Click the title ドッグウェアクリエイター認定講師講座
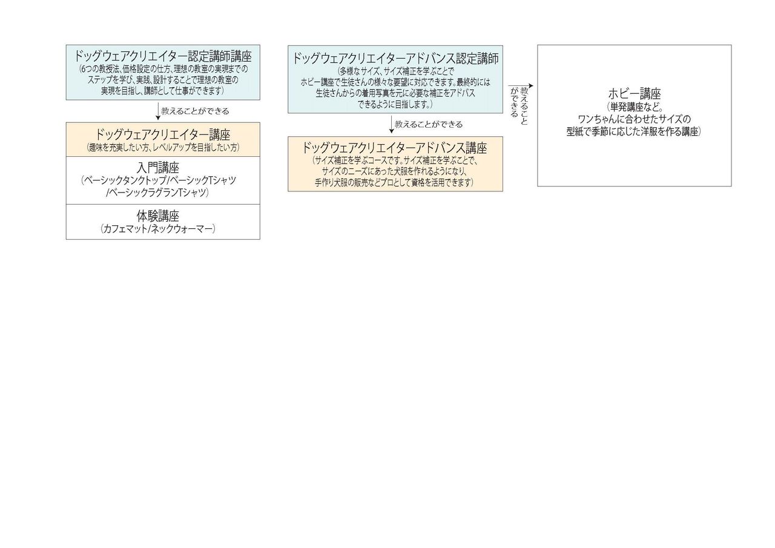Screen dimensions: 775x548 click(163, 57)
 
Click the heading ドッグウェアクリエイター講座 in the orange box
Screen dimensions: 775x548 click(163, 134)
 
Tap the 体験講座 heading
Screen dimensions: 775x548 click(158, 216)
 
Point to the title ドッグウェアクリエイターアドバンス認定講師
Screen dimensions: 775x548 click(395, 59)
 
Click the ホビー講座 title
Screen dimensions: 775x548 click(634, 94)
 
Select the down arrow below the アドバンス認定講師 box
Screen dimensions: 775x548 click(392, 125)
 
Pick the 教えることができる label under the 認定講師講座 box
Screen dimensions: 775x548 click(195, 111)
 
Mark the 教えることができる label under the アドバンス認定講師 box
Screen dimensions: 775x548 click(428, 125)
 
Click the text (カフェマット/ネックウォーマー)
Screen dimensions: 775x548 click(158, 229)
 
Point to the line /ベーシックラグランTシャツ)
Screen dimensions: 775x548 click(157, 193)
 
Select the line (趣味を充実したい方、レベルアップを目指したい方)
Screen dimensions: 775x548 click(163, 147)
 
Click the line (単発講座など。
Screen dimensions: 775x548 click(635, 107)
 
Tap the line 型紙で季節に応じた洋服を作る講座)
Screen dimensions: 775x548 click(634, 131)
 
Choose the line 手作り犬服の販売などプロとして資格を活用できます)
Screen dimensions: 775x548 click(394, 182)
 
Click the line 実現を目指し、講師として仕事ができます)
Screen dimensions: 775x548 click(163, 90)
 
